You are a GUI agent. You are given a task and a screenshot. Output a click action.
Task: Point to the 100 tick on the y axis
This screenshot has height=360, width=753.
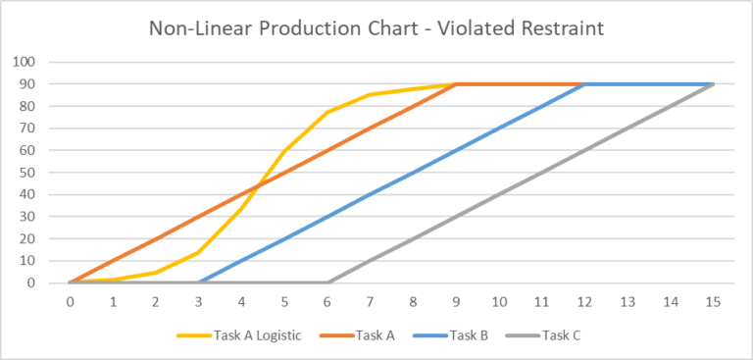24,62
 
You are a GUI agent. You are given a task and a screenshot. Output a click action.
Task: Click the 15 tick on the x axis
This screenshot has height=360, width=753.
713,300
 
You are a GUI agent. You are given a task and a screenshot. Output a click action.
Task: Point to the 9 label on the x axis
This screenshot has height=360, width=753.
456,300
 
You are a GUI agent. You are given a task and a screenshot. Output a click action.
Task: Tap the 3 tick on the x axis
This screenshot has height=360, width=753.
199,300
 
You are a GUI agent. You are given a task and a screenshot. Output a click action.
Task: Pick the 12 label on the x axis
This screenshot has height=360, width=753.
584,300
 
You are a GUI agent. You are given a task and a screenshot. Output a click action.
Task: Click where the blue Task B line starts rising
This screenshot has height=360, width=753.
199,283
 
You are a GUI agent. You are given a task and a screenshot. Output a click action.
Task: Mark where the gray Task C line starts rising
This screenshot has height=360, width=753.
327,283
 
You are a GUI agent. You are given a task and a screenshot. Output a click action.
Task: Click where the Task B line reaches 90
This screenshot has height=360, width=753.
584,84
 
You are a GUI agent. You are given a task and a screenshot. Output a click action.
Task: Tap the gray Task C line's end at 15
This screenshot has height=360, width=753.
713,84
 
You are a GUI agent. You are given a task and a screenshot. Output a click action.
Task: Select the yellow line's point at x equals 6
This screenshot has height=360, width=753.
327,112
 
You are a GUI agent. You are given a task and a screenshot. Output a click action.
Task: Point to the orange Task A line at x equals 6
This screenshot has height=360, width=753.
327,150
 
